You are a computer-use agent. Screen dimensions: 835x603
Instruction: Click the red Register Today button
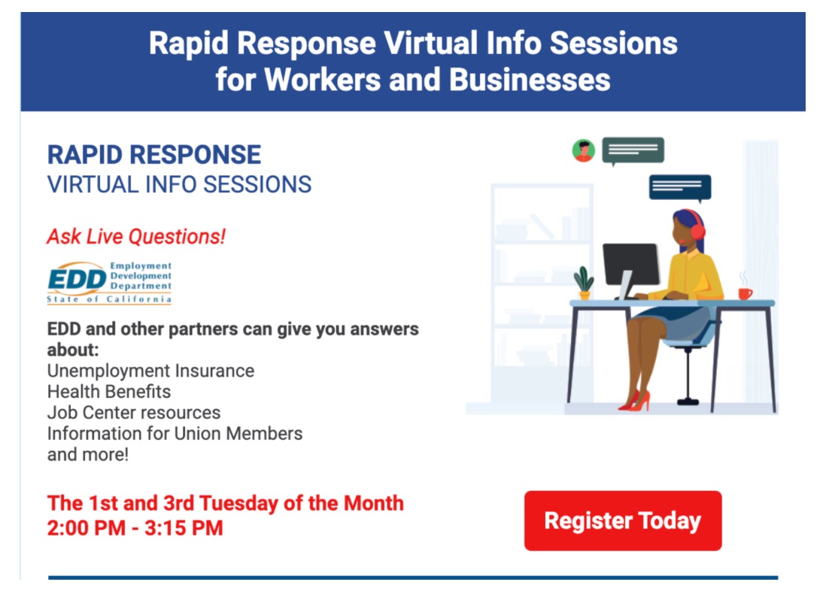pyautogui.click(x=623, y=520)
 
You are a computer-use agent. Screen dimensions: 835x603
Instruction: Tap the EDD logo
pyautogui.click(x=109, y=283)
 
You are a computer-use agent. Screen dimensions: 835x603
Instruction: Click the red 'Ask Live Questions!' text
pyautogui.click(x=136, y=236)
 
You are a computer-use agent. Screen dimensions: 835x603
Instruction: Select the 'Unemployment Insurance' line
pyautogui.click(x=150, y=371)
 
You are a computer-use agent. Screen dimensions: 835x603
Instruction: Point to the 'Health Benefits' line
pyautogui.click(x=109, y=392)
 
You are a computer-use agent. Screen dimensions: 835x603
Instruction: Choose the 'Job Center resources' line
pyautogui.click(x=134, y=413)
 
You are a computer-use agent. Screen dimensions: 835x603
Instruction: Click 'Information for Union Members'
pyautogui.click(x=175, y=433)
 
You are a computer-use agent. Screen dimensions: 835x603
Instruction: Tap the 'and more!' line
pyautogui.click(x=88, y=455)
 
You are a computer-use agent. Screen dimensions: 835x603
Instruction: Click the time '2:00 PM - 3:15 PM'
pyautogui.click(x=135, y=528)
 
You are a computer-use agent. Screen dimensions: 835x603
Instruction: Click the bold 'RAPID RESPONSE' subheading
pyautogui.click(x=154, y=155)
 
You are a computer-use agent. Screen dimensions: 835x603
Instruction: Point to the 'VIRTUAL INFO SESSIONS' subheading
pyautogui.click(x=180, y=185)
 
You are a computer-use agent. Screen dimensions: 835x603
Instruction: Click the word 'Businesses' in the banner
pyautogui.click(x=530, y=80)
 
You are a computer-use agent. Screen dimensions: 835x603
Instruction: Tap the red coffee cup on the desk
pyautogui.click(x=745, y=293)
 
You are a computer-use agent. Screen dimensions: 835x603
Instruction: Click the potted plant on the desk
pyautogui.click(x=584, y=283)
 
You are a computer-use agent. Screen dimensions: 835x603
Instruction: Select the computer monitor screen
pyautogui.click(x=631, y=265)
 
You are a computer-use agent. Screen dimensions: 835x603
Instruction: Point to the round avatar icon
pyautogui.click(x=584, y=150)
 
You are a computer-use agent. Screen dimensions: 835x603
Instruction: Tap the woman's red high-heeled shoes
pyautogui.click(x=636, y=401)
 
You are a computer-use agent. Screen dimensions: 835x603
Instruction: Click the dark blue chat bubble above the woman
pyautogui.click(x=680, y=186)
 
